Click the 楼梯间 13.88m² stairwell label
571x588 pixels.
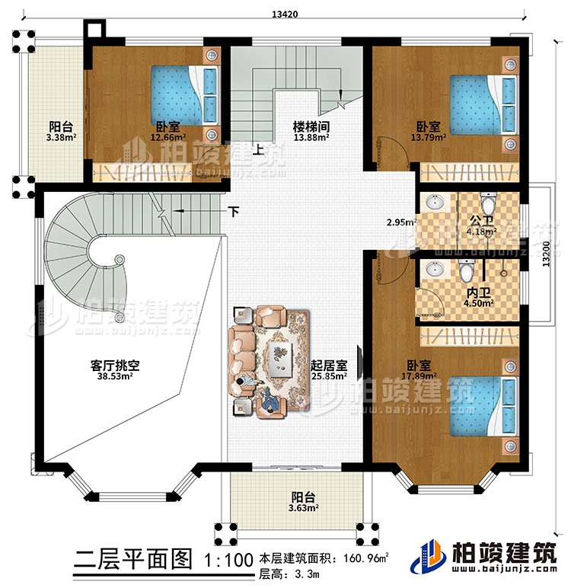pos(311,132)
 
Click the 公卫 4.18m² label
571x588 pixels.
pos(481,225)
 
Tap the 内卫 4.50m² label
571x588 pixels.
pos(479,296)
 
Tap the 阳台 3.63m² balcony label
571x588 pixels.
pos(303,502)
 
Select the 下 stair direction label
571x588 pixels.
pos(236,210)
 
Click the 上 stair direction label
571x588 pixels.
pos(260,150)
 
